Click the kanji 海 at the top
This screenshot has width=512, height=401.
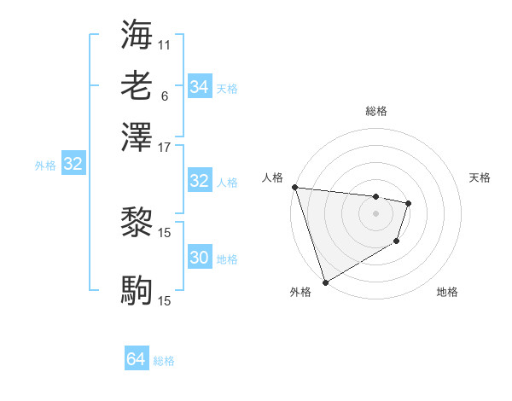137,35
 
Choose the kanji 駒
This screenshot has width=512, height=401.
137,291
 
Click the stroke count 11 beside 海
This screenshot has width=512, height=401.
165,44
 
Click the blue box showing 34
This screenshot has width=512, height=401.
199,87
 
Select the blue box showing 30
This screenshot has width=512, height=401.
199,258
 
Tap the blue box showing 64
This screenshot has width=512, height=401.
136,360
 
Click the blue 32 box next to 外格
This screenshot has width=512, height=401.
73,165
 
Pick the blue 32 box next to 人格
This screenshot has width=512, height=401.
199,181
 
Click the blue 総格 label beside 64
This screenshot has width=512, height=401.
164,361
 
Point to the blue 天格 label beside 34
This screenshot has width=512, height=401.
227,88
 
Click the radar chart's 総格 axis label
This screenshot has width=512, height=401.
376,111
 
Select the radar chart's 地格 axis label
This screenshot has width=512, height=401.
447,293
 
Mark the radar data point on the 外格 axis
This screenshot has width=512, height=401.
325,282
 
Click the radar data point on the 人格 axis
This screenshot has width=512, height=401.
294,187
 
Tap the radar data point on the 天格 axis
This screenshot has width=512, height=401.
409,203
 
